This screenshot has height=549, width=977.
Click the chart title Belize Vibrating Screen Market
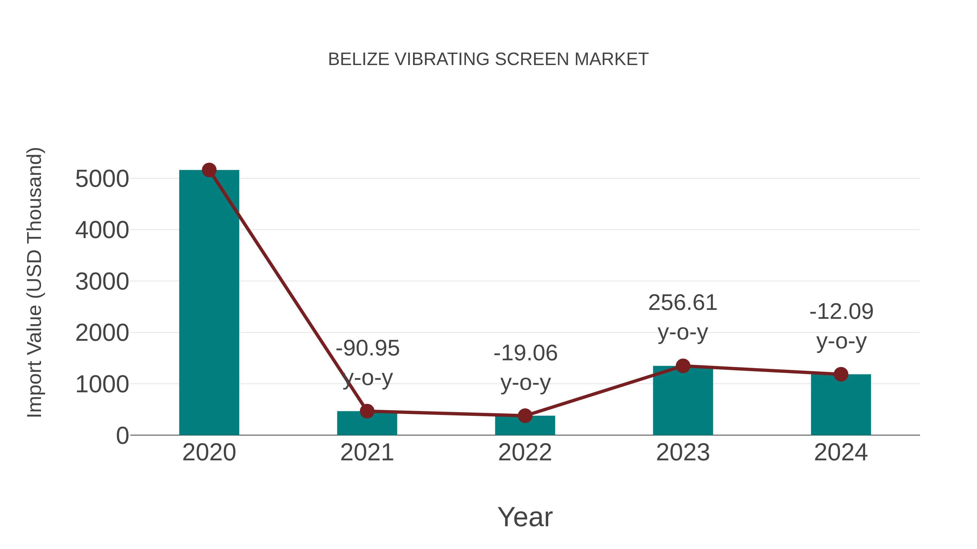pos(488,59)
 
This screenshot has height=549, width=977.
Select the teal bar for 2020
pos(209,303)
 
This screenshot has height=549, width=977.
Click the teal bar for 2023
pos(683,402)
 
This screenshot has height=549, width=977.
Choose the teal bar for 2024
pos(841,405)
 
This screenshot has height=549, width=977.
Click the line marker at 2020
pos(209,170)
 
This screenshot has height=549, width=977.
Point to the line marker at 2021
pos(367,411)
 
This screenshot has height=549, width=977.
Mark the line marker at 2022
pos(525,416)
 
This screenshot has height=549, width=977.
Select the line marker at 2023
pos(683,366)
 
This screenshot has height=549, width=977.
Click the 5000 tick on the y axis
pos(102,179)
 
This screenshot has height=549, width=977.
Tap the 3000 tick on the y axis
pos(102,282)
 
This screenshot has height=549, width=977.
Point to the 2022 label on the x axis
pos(525,452)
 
